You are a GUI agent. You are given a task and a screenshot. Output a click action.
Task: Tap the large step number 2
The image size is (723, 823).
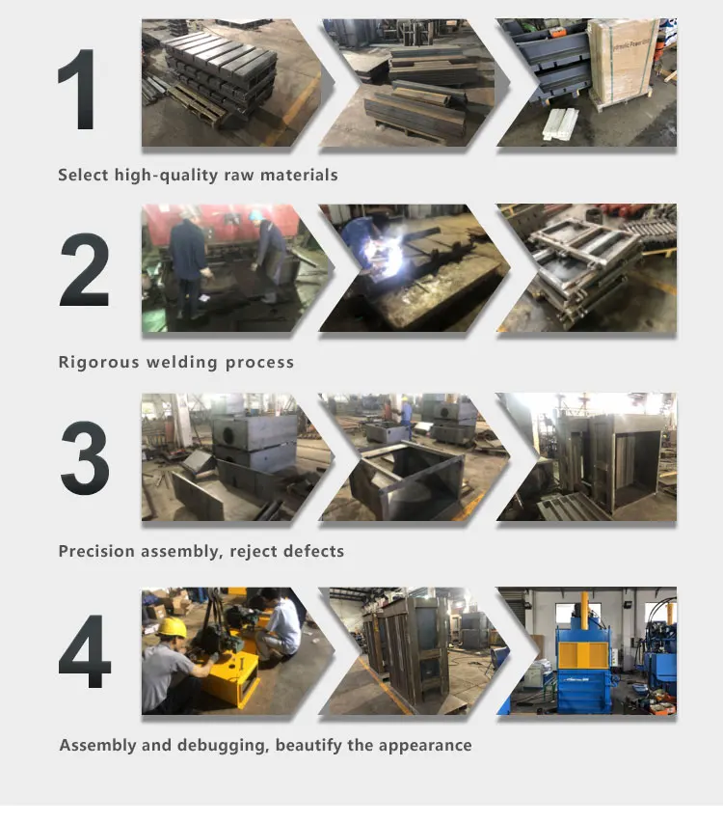pyautogui.click(x=85, y=270)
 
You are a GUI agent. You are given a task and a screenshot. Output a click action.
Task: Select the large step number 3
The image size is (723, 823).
pyautogui.click(x=85, y=457)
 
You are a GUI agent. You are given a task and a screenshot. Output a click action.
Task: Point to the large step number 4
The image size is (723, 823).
pyautogui.click(x=85, y=651)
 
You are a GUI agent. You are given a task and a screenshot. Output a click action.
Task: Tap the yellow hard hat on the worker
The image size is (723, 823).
pyautogui.click(x=172, y=627)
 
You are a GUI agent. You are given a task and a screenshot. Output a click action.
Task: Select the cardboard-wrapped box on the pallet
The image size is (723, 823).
pyautogui.click(x=623, y=63)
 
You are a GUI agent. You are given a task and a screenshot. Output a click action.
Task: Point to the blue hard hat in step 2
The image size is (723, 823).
pyautogui.click(x=255, y=215)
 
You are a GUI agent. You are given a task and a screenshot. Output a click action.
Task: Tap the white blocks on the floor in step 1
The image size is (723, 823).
pyautogui.click(x=560, y=123)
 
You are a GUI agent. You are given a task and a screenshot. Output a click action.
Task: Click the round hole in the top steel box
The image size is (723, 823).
pyautogui.click(x=229, y=434)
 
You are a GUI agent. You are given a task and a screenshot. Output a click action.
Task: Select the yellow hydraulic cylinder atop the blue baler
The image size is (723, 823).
pyautogui.click(x=583, y=610)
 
